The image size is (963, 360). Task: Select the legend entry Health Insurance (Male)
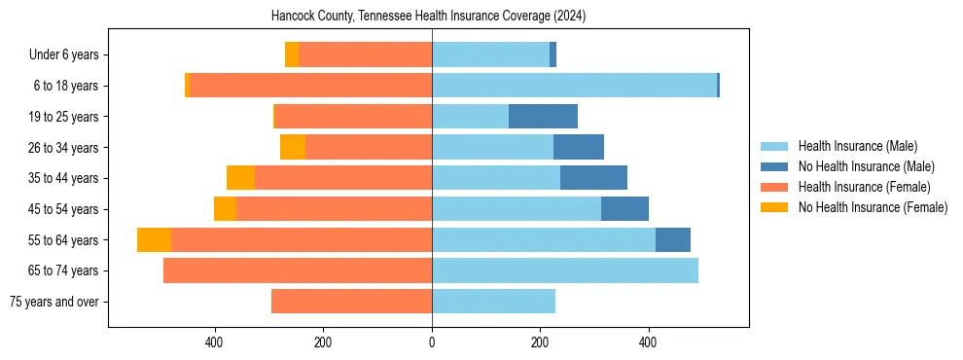click(x=857, y=146)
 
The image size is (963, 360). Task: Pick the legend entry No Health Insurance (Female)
click(x=873, y=207)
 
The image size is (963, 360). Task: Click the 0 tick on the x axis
click(x=432, y=342)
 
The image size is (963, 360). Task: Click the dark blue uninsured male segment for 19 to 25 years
click(x=543, y=117)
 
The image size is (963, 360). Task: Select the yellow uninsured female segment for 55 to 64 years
click(x=154, y=240)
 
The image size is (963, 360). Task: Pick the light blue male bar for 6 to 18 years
click(x=574, y=86)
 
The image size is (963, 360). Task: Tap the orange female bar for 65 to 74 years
click(x=298, y=270)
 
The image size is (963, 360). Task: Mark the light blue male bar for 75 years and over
click(x=493, y=302)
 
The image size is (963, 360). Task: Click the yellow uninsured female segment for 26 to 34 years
click(x=293, y=147)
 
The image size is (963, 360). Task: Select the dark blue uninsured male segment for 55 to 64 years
click(x=673, y=240)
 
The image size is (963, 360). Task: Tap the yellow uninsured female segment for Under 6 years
click(x=292, y=55)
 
